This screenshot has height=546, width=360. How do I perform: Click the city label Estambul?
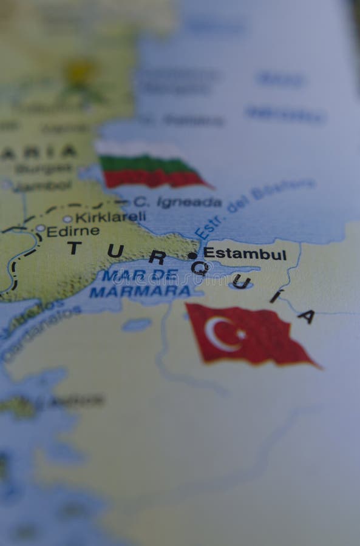(x=245, y=254)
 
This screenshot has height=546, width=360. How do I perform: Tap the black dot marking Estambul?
(x=192, y=255)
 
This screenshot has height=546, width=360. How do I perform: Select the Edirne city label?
(x=73, y=231)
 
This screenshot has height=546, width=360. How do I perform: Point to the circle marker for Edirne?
(x=40, y=229)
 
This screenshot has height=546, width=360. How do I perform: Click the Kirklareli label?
(x=110, y=217)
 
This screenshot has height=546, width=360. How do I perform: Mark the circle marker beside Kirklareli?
(x=67, y=219)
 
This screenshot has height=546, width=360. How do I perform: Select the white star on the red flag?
(x=240, y=334)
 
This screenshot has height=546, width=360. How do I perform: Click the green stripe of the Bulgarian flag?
(x=146, y=164)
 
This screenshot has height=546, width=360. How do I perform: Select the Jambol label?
(x=42, y=186)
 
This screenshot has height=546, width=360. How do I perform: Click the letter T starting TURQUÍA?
(x=74, y=248)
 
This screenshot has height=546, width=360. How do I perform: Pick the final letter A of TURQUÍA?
(x=307, y=316)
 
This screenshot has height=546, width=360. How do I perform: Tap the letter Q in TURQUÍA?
(x=199, y=268)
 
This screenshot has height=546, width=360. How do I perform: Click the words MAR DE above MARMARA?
(x=140, y=275)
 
